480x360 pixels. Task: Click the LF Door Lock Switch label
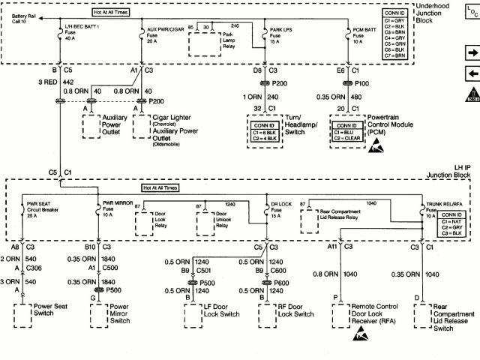click(x=221, y=310)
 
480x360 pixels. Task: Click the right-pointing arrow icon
click(x=472, y=53)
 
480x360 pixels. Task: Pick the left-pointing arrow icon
click(x=472, y=73)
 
